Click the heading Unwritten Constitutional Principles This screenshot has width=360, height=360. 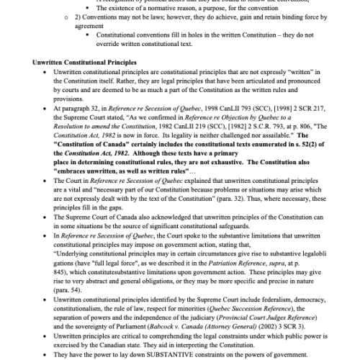pyautogui.click(x=85, y=63)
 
